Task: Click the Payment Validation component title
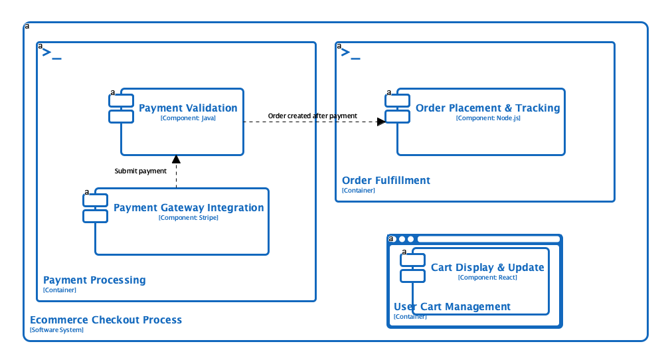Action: [x=188, y=108]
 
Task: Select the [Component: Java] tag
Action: [x=188, y=118]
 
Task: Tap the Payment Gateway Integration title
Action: [x=189, y=208]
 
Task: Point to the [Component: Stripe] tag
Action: [x=189, y=218]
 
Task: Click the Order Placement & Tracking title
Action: [x=487, y=108]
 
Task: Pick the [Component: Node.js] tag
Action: [x=487, y=118]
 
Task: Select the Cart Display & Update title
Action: [x=487, y=268]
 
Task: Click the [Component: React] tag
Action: [x=487, y=278]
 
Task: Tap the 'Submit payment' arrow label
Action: [x=140, y=171]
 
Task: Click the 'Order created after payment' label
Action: [x=312, y=116]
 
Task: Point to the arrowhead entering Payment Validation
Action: [x=176, y=159]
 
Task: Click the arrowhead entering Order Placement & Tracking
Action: [x=381, y=122]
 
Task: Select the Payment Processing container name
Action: [x=94, y=280]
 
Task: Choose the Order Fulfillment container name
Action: [x=386, y=181]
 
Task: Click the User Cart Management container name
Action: [x=452, y=307]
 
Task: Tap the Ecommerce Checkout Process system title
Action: [x=106, y=320]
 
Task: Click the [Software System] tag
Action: [x=56, y=330]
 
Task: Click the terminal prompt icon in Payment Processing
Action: [x=52, y=54]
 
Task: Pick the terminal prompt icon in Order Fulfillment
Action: [x=351, y=54]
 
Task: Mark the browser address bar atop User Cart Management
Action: [x=488, y=239]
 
